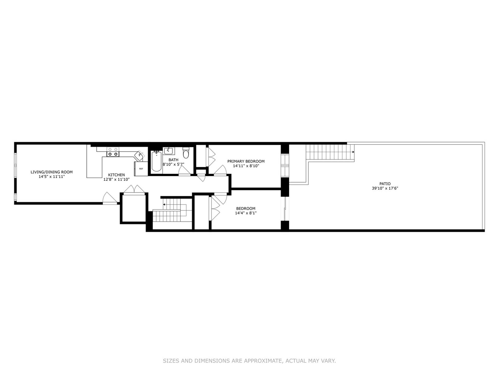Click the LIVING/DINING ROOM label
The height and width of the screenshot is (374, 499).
[x=51, y=172]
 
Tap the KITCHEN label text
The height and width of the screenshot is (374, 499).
[x=116, y=175]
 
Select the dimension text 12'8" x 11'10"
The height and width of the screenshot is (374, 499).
[x=116, y=179]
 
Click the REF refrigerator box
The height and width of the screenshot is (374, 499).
[x=141, y=169]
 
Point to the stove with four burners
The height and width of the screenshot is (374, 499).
[x=113, y=152]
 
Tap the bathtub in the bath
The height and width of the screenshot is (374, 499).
[x=156, y=162]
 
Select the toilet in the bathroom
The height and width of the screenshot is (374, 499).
[x=186, y=153]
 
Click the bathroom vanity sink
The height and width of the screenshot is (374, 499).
[x=169, y=151]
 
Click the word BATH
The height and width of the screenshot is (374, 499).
[x=173, y=160]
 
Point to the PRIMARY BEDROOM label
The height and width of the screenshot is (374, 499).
[x=246, y=161]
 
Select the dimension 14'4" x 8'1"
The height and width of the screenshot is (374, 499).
[x=246, y=213]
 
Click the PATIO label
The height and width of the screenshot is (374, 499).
[x=385, y=184]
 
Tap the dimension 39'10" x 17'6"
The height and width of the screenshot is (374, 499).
[x=385, y=188]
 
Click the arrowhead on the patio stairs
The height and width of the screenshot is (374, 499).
[x=353, y=152]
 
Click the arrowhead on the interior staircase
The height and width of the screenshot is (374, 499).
[x=164, y=205]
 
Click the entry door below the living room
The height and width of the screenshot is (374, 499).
[x=109, y=198]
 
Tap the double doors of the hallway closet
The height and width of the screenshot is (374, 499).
[x=134, y=190]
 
